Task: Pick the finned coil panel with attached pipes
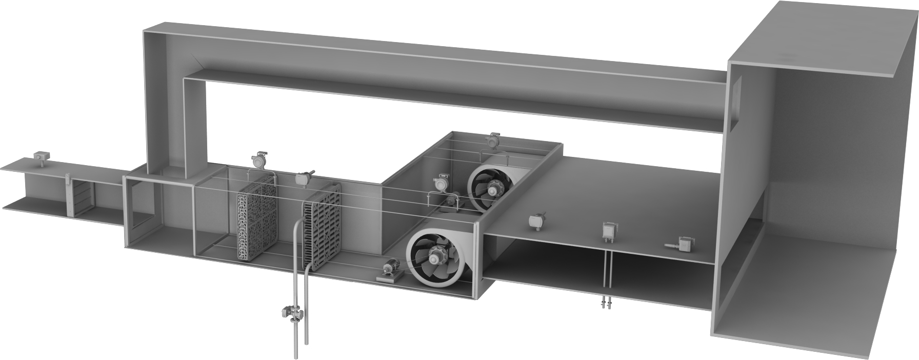click(x=322, y=233)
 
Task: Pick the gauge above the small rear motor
click(x=441, y=184)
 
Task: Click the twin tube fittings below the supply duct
click(x=606, y=304)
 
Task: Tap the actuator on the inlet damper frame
click(x=68, y=179)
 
